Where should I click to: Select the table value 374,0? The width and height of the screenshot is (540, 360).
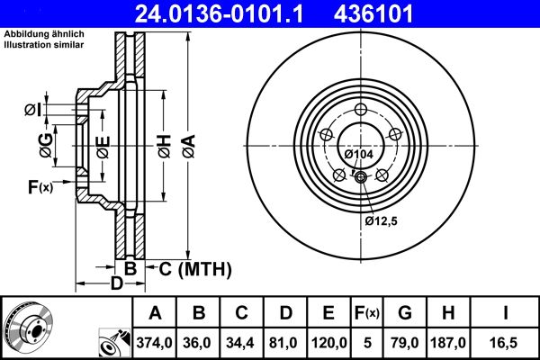pos(155,343)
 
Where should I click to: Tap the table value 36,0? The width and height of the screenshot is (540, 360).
pos(199,343)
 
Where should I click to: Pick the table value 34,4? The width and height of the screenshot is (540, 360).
pos(242,343)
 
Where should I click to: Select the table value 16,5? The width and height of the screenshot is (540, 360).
pos(506,343)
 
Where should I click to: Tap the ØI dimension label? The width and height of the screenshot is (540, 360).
pos(32,109)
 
